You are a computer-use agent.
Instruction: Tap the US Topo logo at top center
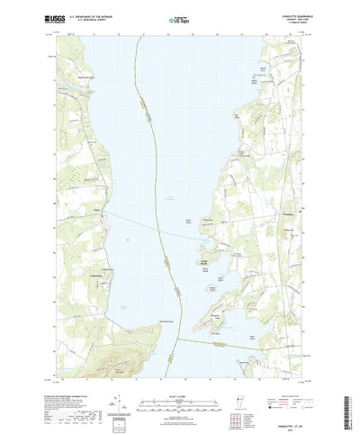click(180, 15)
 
